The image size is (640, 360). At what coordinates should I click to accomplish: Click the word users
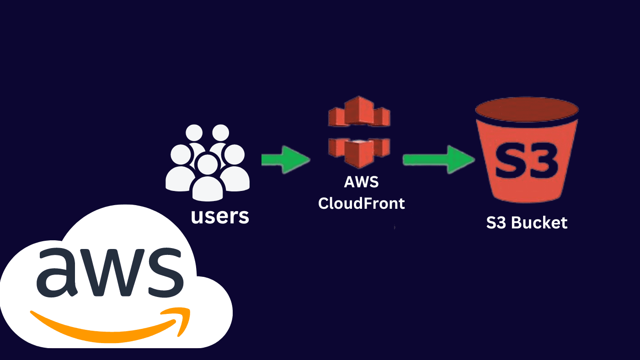220,216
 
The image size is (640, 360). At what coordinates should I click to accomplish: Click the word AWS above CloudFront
361,182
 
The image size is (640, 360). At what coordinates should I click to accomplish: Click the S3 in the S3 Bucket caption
497,223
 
